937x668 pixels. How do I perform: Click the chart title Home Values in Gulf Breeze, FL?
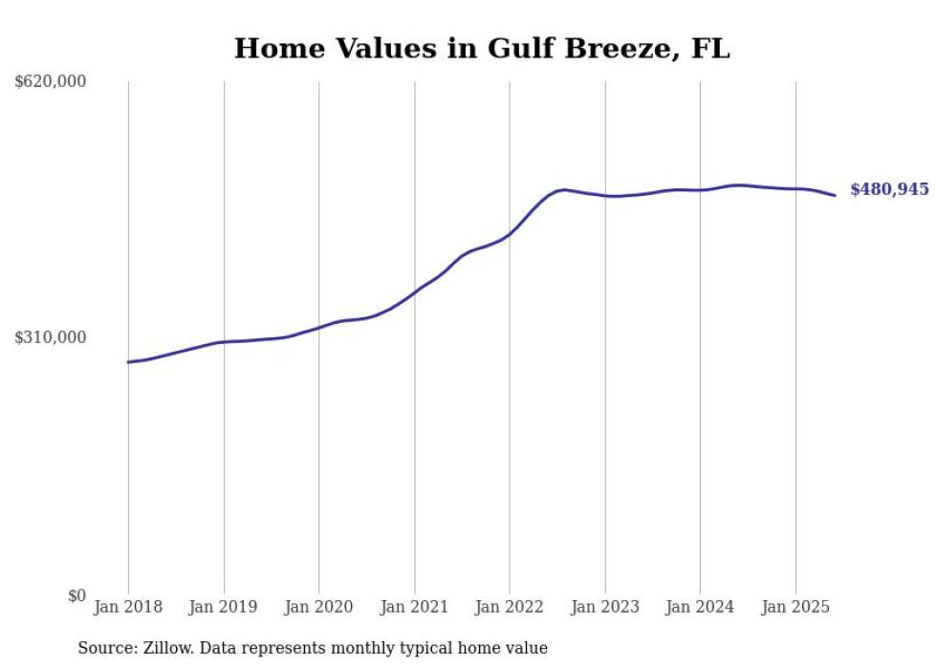[x=482, y=48]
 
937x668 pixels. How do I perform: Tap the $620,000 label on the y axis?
[x=51, y=82]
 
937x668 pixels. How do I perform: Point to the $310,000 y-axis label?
[x=51, y=337]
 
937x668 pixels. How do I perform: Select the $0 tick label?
[x=76, y=595]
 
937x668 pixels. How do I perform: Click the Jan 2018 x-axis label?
[x=128, y=607]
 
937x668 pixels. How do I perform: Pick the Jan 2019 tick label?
[x=224, y=607]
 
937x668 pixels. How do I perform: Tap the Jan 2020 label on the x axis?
[x=318, y=607]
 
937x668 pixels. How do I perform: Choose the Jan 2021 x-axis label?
[x=414, y=607]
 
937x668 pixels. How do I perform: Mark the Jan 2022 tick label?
[x=510, y=607]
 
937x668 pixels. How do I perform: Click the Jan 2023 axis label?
[x=604, y=607]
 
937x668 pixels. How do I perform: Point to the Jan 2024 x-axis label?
[x=700, y=607]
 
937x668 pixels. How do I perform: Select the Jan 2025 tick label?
[x=795, y=607]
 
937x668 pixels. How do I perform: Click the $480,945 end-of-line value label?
[x=889, y=189]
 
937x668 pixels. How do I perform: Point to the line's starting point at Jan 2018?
[x=129, y=362]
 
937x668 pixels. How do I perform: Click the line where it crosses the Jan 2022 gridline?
[x=510, y=232]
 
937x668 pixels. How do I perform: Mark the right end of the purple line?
[x=835, y=196]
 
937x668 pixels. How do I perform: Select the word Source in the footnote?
[x=103, y=648]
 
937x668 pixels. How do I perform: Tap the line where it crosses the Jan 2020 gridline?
[x=318, y=327]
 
